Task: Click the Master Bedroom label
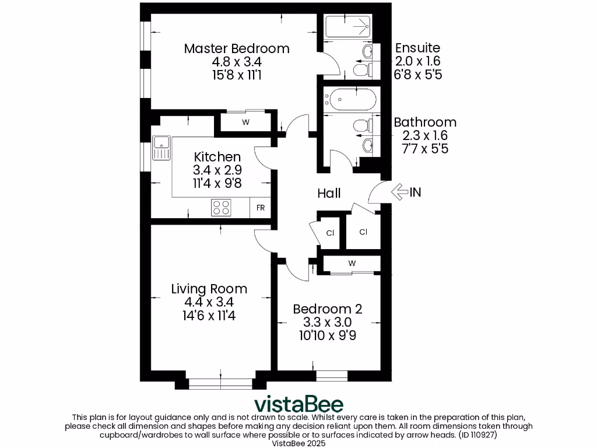pyautogui.click(x=237, y=48)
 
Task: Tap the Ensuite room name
pyautogui.click(x=417, y=48)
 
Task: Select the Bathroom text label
pyautogui.click(x=425, y=123)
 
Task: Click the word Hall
pyautogui.click(x=329, y=193)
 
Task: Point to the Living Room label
pyautogui.click(x=209, y=289)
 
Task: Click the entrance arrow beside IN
pyautogui.click(x=399, y=192)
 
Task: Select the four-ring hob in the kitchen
pyautogui.click(x=221, y=208)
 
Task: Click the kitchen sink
pyautogui.click(x=161, y=147)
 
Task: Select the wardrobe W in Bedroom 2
pyautogui.click(x=352, y=264)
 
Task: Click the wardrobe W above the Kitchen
pyautogui.click(x=245, y=123)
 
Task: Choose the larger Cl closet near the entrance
pyautogui.click(x=363, y=232)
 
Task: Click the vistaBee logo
pyautogui.click(x=298, y=404)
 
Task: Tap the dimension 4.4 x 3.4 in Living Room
pyautogui.click(x=209, y=302)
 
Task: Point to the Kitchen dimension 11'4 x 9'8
pyautogui.click(x=217, y=183)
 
